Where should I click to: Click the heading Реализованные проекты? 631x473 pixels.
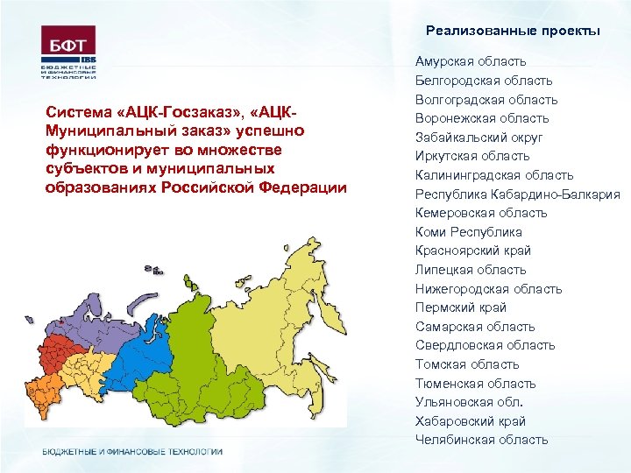[x=513, y=31]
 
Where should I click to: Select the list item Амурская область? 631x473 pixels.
[x=471, y=61]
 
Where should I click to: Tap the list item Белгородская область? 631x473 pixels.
[x=484, y=81]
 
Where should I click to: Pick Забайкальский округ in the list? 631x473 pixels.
[x=479, y=138]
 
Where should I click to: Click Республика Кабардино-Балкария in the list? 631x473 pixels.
[x=517, y=194]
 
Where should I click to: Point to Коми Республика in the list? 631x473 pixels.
[x=468, y=232]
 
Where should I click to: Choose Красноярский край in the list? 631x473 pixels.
[x=472, y=251]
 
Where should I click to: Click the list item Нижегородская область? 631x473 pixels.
[x=488, y=289]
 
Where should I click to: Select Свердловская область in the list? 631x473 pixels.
[x=485, y=345]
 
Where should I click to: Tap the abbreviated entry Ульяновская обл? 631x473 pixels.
[x=469, y=402]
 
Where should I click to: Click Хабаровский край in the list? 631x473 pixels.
[x=469, y=420]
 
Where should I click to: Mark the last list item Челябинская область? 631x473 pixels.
[x=481, y=440]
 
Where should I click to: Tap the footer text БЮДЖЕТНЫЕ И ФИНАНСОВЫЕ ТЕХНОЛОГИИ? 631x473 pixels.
[x=132, y=451]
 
